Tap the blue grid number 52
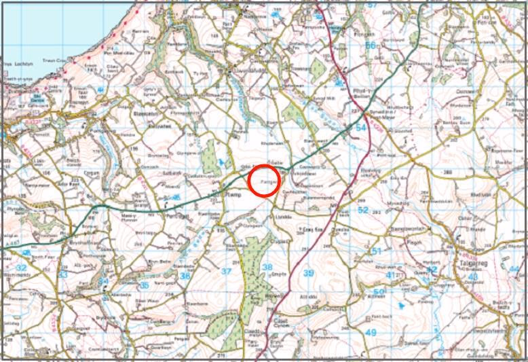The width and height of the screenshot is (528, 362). coord(362,211)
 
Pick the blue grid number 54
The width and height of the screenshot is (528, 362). coord(360,127)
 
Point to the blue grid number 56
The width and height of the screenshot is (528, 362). coord(370,46)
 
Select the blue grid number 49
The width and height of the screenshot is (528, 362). coord(371,332)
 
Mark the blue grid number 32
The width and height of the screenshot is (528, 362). coord(21,268)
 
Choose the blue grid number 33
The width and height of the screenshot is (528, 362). coord(63,275)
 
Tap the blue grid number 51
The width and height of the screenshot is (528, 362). coord(377,251)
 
